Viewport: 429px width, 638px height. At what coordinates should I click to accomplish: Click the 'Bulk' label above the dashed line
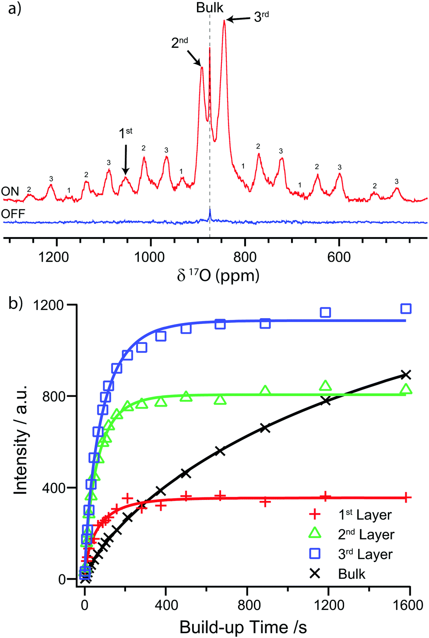[x=210, y=8]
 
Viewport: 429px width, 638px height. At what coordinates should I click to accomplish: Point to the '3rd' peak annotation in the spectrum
[x=261, y=17]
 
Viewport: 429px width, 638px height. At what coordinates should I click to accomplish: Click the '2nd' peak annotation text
[x=179, y=43]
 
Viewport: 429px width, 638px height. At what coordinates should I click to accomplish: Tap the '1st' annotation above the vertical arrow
[x=126, y=133]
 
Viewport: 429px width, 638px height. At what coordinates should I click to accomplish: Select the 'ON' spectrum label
[x=10, y=191]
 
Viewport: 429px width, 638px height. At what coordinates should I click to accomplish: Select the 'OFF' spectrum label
[x=13, y=214]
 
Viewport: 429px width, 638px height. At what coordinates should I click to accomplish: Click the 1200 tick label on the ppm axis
[x=54, y=257]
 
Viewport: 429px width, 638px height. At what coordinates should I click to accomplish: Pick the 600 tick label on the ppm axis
[x=339, y=257]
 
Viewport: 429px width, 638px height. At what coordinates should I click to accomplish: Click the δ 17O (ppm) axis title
[x=218, y=275]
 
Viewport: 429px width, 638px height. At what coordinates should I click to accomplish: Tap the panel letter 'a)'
[x=14, y=9]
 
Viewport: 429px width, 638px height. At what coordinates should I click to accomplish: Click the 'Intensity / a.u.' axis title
[x=21, y=440]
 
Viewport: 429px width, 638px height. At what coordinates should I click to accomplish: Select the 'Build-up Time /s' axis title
[x=243, y=627]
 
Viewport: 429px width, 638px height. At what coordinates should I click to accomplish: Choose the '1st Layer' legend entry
[x=365, y=515]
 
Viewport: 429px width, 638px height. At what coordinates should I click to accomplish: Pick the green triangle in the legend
[x=315, y=533]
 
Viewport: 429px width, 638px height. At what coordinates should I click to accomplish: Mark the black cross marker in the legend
[x=315, y=573]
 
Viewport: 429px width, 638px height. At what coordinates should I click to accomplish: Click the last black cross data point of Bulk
[x=406, y=375]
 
